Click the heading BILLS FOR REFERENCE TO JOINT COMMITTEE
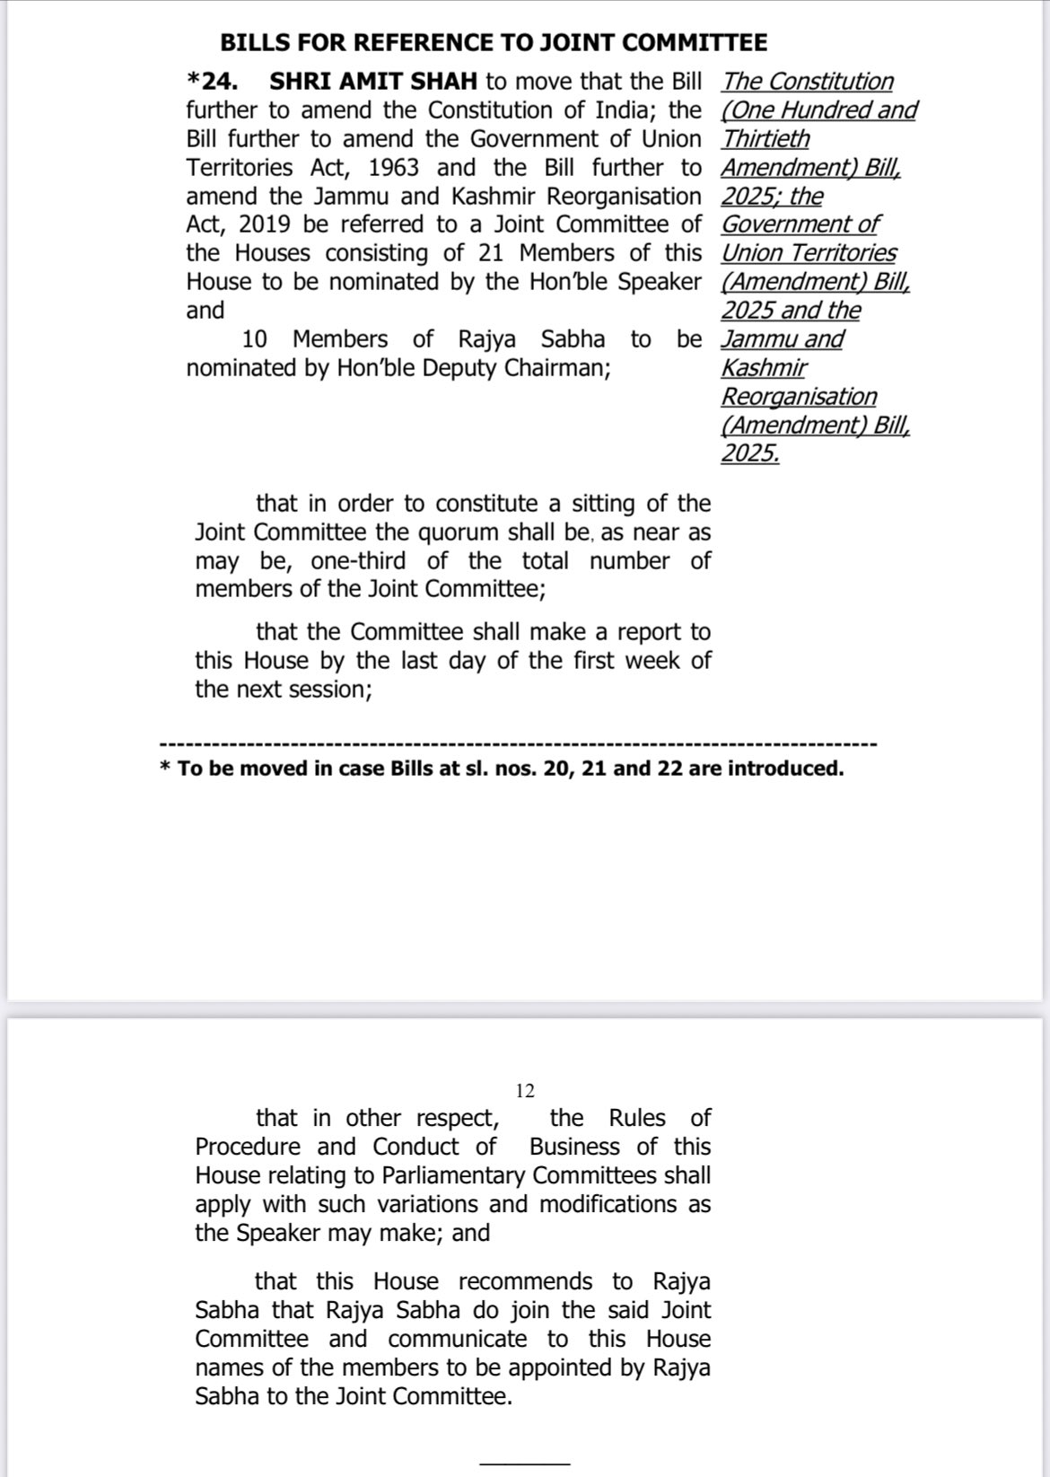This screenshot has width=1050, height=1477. click(494, 43)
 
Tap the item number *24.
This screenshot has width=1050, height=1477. click(213, 82)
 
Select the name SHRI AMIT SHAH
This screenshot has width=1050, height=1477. click(373, 82)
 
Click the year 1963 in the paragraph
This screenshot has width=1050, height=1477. click(393, 168)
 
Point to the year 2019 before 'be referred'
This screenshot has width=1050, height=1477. click(265, 224)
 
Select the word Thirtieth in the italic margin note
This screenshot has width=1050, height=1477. click(766, 139)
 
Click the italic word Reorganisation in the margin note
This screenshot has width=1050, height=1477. click(799, 397)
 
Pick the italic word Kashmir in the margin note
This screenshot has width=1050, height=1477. click(764, 368)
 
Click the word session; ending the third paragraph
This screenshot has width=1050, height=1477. click(329, 690)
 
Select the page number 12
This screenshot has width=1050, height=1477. click(525, 1091)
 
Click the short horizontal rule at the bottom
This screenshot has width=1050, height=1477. click(524, 1464)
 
